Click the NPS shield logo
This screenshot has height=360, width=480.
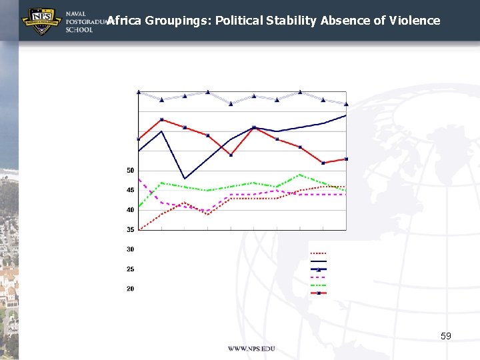(41, 21)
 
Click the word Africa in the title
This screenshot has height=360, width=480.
(124, 20)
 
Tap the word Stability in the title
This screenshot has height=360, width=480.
(291, 20)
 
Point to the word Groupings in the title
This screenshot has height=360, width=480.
(175, 20)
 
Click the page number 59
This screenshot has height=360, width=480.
(446, 336)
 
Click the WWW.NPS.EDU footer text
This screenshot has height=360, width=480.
(251, 349)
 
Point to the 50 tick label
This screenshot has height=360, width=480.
(130, 171)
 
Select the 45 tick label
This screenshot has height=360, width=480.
(130, 191)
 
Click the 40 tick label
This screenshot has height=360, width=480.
(130, 210)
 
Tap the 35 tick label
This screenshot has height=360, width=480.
(130, 230)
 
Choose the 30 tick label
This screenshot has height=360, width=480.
(130, 249)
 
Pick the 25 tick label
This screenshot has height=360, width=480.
(130, 269)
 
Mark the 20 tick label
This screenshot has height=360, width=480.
(130, 289)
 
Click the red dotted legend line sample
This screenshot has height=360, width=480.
(318, 253)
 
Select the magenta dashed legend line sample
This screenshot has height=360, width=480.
(318, 277)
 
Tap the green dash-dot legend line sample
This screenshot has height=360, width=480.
(318, 285)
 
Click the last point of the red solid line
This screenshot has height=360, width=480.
(346, 159)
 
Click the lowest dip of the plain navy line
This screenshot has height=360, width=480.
(185, 179)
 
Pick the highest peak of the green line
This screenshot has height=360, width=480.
(300, 175)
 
